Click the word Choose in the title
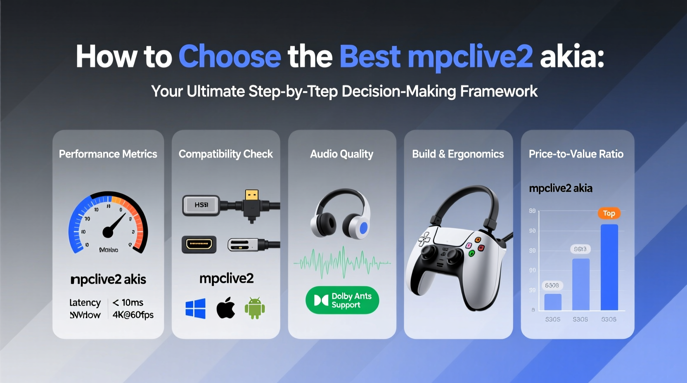(230, 57)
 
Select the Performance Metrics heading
(108, 154)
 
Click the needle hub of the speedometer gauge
(108, 233)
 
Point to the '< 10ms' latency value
(128, 303)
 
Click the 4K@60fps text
(133, 315)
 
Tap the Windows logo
(196, 309)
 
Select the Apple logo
(225, 308)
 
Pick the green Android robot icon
(255, 308)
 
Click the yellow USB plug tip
(251, 195)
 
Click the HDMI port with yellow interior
(199, 244)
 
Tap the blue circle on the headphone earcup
(363, 228)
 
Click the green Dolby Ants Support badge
(342, 300)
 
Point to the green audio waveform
(342, 262)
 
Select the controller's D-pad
(424, 239)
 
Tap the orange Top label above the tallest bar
(609, 213)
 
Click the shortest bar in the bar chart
(553, 302)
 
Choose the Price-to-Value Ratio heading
(576, 154)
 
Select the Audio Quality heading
(341, 154)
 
